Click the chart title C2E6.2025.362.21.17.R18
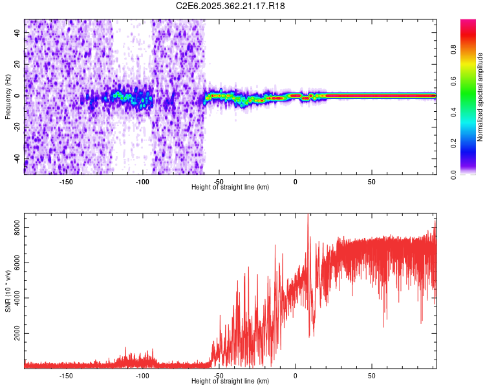click(231, 6)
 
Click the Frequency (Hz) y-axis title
click(8, 97)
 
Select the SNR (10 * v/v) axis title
click(8, 291)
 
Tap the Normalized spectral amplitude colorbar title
click(480, 97)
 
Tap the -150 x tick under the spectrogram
click(65, 182)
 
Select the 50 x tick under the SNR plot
click(372, 375)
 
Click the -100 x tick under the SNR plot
click(142, 375)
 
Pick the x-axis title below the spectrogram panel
click(231, 187)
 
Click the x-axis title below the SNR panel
click(231, 381)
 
